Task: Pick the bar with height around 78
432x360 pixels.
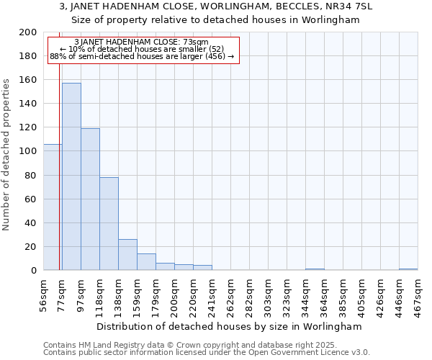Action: point(109,224)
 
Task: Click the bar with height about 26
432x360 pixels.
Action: point(127,255)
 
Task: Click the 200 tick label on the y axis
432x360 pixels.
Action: point(28,32)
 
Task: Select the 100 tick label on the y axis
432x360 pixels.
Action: point(28,151)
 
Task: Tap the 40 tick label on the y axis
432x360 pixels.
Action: point(31,222)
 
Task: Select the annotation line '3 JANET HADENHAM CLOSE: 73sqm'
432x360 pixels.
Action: point(141,42)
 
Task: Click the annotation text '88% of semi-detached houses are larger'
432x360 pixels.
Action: point(141,56)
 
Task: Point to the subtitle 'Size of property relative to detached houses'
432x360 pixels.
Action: point(215,19)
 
